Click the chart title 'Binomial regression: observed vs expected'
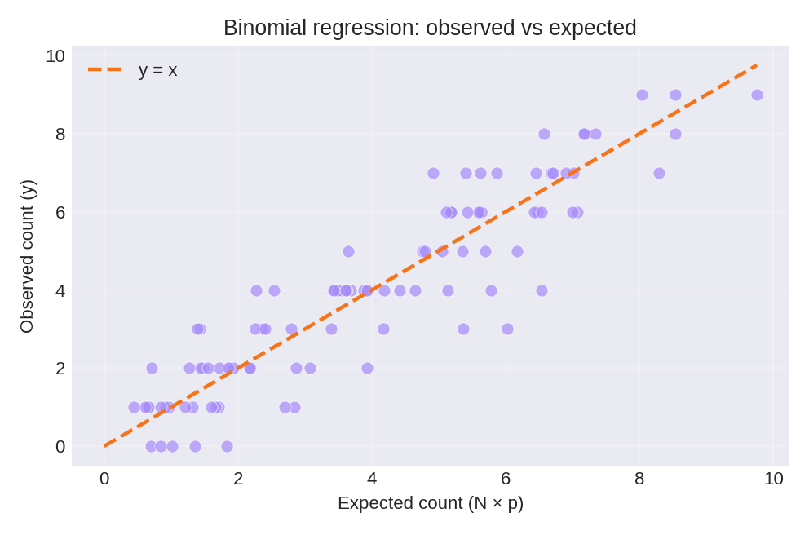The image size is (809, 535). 430,28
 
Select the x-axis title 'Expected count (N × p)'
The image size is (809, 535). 430,503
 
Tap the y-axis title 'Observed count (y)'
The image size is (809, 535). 27,256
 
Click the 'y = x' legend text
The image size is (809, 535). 157,70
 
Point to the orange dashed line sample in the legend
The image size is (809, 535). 104,70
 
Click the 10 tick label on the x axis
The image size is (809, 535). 773,479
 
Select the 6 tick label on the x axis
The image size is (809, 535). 506,479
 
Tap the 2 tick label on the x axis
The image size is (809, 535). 238,479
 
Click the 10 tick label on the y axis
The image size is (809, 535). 55,56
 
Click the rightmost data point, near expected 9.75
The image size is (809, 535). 757,95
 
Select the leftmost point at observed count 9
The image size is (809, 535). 642,95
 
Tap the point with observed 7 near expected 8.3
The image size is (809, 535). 659,173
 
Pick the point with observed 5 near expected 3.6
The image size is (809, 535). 348,251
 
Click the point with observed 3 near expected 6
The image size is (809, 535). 507,329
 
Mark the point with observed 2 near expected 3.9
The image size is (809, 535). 367,368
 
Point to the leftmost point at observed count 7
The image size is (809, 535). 433,173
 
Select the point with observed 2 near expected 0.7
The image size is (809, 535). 152,368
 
